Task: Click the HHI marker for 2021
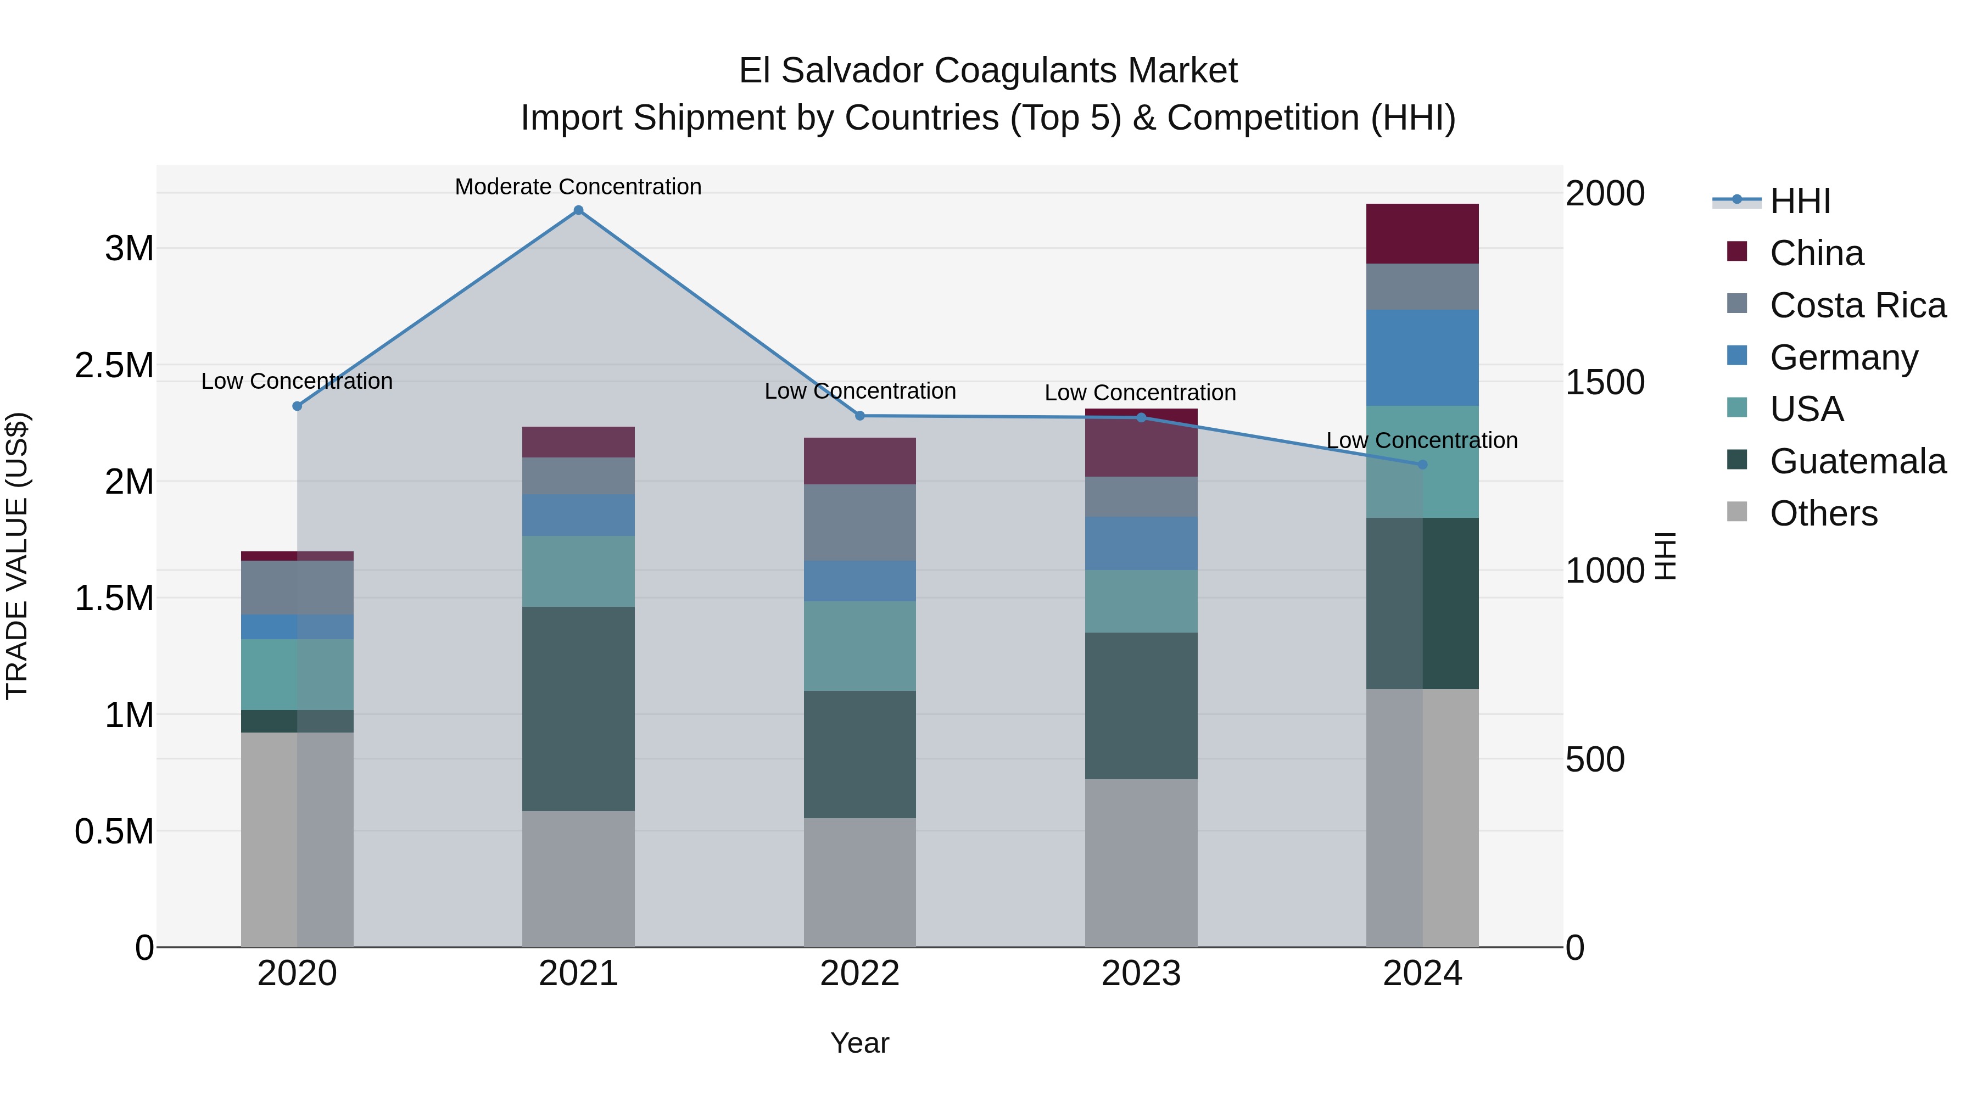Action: tap(579, 210)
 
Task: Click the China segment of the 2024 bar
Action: tap(1422, 233)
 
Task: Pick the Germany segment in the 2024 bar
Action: tap(1422, 357)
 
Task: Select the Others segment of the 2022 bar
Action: tap(859, 882)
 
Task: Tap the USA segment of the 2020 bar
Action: tap(297, 674)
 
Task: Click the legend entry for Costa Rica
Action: tap(1857, 305)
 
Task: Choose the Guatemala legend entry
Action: tap(1857, 461)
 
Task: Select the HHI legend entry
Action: tap(1800, 201)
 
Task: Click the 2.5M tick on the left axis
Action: tap(114, 365)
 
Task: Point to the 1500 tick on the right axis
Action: tap(1605, 382)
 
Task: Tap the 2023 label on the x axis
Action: tap(1141, 974)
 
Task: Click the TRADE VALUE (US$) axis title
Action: tap(17, 556)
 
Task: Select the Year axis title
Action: tap(859, 1043)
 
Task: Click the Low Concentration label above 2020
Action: tap(297, 382)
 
